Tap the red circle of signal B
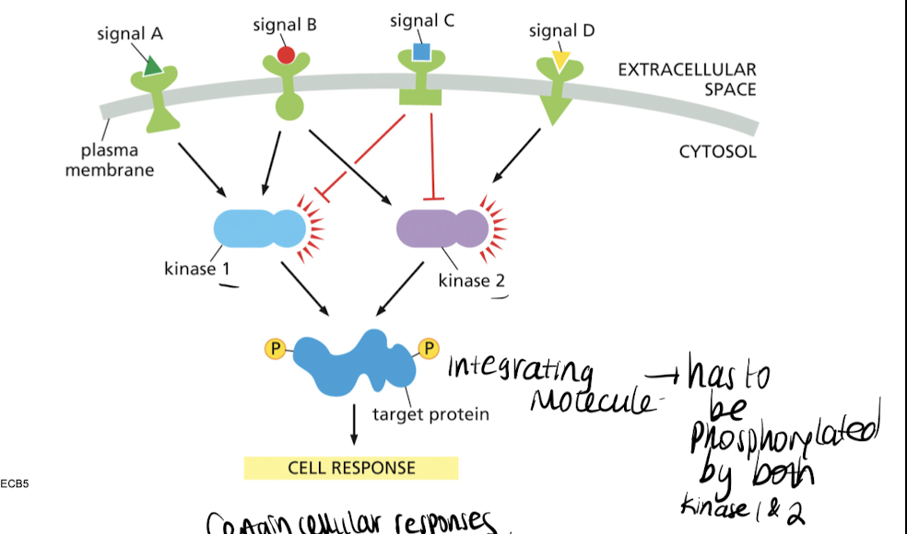[286, 55]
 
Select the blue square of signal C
[421, 52]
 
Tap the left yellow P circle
[274, 348]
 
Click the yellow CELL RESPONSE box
[350, 468]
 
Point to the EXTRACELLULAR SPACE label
[687, 80]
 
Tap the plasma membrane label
[109, 159]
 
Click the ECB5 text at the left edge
[16, 482]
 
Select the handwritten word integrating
[519, 370]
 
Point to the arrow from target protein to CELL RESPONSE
[353, 426]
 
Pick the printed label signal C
[421, 20]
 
